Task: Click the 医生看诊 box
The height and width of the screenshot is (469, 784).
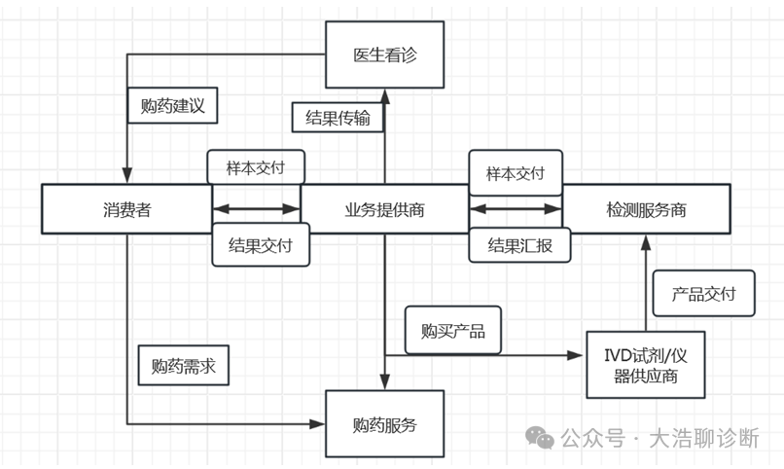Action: (x=384, y=54)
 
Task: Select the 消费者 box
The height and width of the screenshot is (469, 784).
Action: (x=127, y=208)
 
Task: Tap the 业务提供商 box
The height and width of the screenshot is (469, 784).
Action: (x=384, y=208)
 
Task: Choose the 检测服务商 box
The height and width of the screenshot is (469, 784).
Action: (x=646, y=208)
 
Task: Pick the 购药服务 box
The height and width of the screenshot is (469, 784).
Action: (x=384, y=424)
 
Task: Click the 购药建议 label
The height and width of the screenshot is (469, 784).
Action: (x=172, y=105)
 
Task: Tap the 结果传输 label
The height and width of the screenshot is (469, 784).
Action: (x=338, y=117)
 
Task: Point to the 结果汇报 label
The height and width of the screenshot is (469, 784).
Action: (x=519, y=245)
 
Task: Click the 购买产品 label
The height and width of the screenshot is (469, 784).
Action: (x=452, y=330)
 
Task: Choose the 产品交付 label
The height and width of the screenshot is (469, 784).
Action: (x=703, y=294)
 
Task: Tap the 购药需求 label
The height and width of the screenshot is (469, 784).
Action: (x=183, y=366)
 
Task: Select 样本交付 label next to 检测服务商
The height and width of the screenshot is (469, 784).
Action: (x=515, y=172)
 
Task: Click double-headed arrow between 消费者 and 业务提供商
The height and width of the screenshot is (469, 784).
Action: (x=257, y=208)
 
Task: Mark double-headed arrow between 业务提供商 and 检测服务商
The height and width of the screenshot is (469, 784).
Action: (x=516, y=208)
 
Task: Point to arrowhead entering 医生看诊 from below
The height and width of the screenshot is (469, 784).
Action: (x=384, y=95)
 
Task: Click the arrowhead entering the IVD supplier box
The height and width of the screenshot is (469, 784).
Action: (x=578, y=355)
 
